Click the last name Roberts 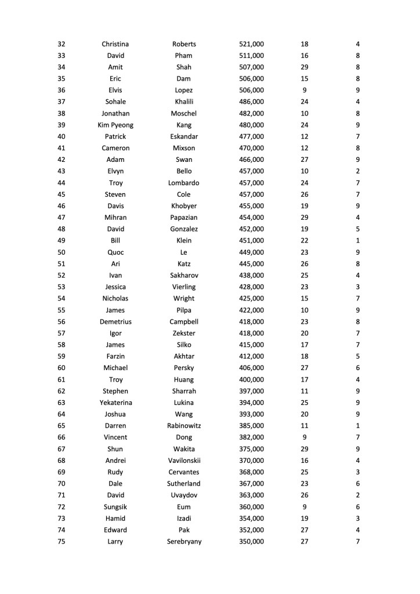184,44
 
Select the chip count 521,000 251,44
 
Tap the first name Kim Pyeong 115,125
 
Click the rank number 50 61,252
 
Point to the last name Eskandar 184,137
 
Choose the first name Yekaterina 115,403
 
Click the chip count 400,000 251,379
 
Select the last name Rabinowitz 184,426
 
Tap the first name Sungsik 115,507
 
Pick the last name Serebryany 184,542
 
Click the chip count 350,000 251,542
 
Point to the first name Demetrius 115,322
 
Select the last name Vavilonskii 184,461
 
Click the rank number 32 61,44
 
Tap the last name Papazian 184,218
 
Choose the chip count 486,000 251,102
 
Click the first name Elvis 115,90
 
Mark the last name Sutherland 184,484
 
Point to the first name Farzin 115,356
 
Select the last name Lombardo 184,183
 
